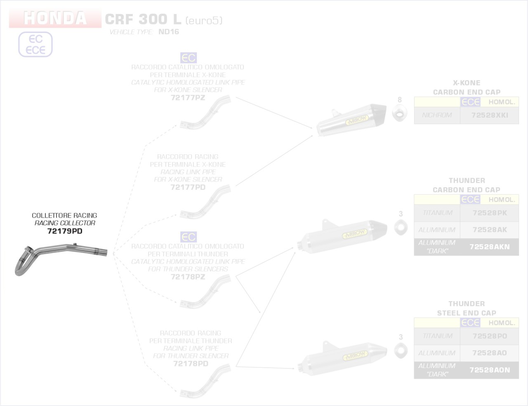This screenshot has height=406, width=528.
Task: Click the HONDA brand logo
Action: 55,19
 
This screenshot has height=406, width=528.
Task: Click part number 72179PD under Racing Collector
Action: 65,231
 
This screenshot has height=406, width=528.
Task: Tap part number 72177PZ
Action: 188,98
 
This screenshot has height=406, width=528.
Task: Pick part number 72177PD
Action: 188,187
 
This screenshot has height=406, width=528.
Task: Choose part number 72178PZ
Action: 188,277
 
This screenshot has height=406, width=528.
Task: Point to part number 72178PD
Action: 191,364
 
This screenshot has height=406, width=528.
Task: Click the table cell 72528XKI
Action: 490,115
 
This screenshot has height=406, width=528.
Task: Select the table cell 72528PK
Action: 490,213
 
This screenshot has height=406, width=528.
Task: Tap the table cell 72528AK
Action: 490,230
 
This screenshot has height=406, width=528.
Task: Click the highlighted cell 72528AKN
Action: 490,247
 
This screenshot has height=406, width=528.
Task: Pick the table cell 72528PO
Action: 490,336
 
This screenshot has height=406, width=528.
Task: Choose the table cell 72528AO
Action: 490,353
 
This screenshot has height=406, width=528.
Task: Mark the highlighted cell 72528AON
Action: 490,370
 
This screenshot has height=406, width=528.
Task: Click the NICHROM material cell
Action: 437,115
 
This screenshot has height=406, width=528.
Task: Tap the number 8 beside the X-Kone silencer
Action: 399,100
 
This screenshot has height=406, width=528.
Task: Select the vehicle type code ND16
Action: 169,32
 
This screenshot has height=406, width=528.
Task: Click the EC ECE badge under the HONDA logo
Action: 35,45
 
